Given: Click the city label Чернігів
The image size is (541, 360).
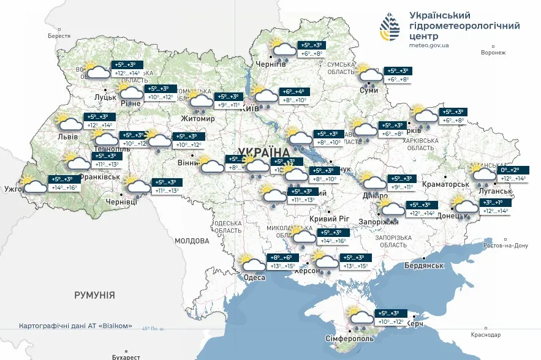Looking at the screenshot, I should click(270, 64).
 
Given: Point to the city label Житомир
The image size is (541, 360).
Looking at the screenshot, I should click(198, 118).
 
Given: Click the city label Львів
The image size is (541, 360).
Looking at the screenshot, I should click(67, 137).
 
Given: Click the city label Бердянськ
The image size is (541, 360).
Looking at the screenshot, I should click(424, 265).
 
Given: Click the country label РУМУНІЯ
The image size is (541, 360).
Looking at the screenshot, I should click(94, 295).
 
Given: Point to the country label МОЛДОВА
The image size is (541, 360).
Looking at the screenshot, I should click(192, 241).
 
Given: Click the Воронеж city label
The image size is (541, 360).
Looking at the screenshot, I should click(493, 53).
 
